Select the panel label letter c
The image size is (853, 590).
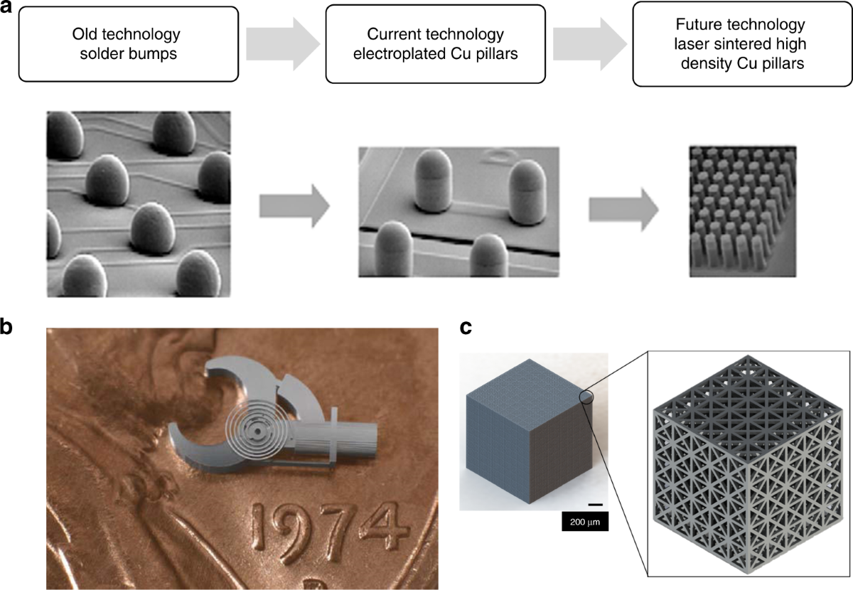click(x=466, y=328)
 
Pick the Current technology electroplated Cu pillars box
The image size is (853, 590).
click(x=435, y=43)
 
